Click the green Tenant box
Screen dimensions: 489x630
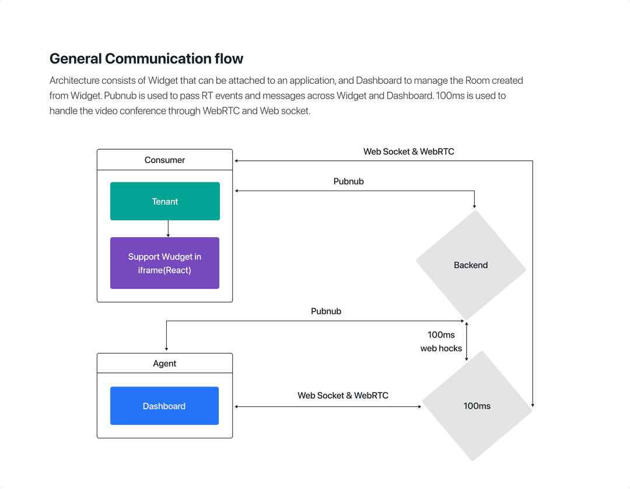164,201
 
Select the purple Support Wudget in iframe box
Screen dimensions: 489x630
164,263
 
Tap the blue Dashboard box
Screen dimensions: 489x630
164,406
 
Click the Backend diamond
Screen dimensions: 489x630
470,265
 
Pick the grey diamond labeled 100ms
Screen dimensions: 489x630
477,406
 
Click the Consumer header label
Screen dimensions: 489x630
164,160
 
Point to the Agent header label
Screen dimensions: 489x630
164,363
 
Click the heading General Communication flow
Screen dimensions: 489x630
146,59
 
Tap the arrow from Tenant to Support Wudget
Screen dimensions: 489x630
168,228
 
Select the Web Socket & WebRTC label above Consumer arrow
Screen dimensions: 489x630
408,152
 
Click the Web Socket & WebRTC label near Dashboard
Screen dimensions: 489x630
342,395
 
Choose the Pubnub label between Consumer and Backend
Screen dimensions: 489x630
348,181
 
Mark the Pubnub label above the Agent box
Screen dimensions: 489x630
325,311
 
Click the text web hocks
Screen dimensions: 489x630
441,349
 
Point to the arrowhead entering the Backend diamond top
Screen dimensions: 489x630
474,206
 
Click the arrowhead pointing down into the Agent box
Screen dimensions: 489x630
166,349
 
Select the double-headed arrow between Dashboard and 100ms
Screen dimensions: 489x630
327,406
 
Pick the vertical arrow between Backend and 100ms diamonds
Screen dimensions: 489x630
466,341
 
